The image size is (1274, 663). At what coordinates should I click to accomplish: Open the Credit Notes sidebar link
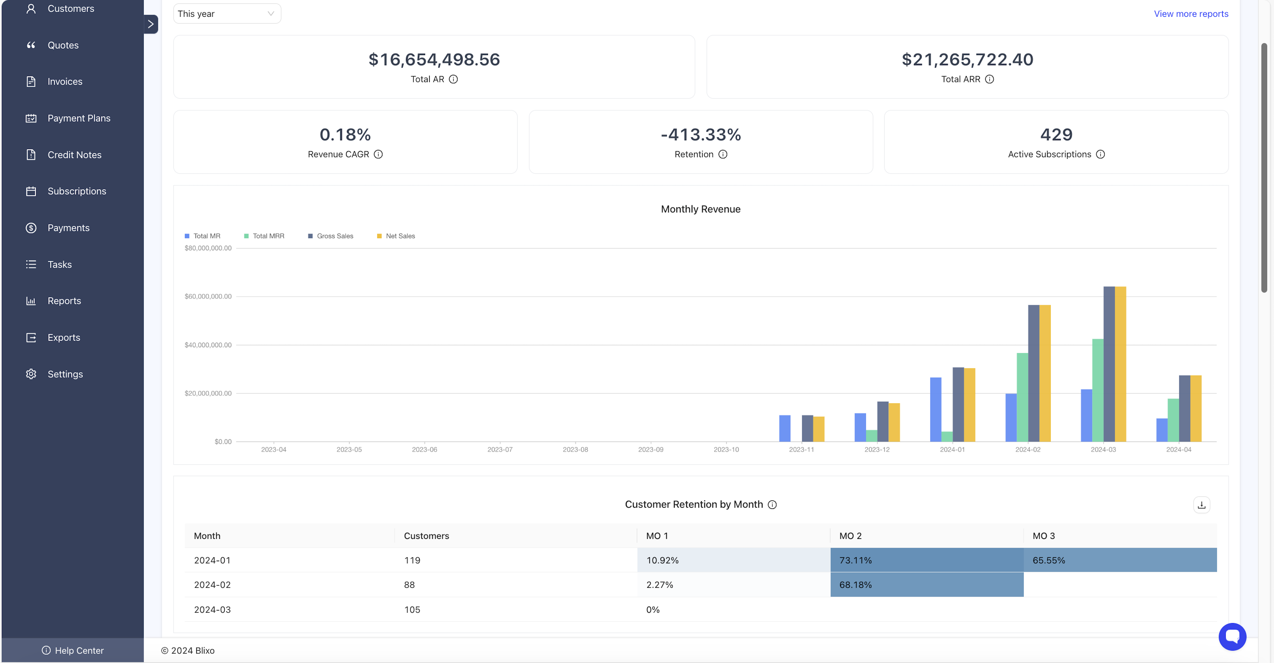pos(74,155)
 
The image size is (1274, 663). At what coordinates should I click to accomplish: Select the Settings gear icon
pos(31,374)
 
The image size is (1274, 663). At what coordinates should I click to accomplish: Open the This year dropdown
pos(227,14)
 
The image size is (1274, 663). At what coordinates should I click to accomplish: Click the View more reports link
pos(1190,14)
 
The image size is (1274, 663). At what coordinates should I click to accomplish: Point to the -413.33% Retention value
pos(700,134)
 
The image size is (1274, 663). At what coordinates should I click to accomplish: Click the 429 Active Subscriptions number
pos(1056,134)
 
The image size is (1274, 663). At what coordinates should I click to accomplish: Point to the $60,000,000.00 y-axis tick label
pos(208,297)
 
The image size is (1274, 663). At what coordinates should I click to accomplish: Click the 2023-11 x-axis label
pos(801,450)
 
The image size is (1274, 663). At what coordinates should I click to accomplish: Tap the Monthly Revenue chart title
pos(700,209)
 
